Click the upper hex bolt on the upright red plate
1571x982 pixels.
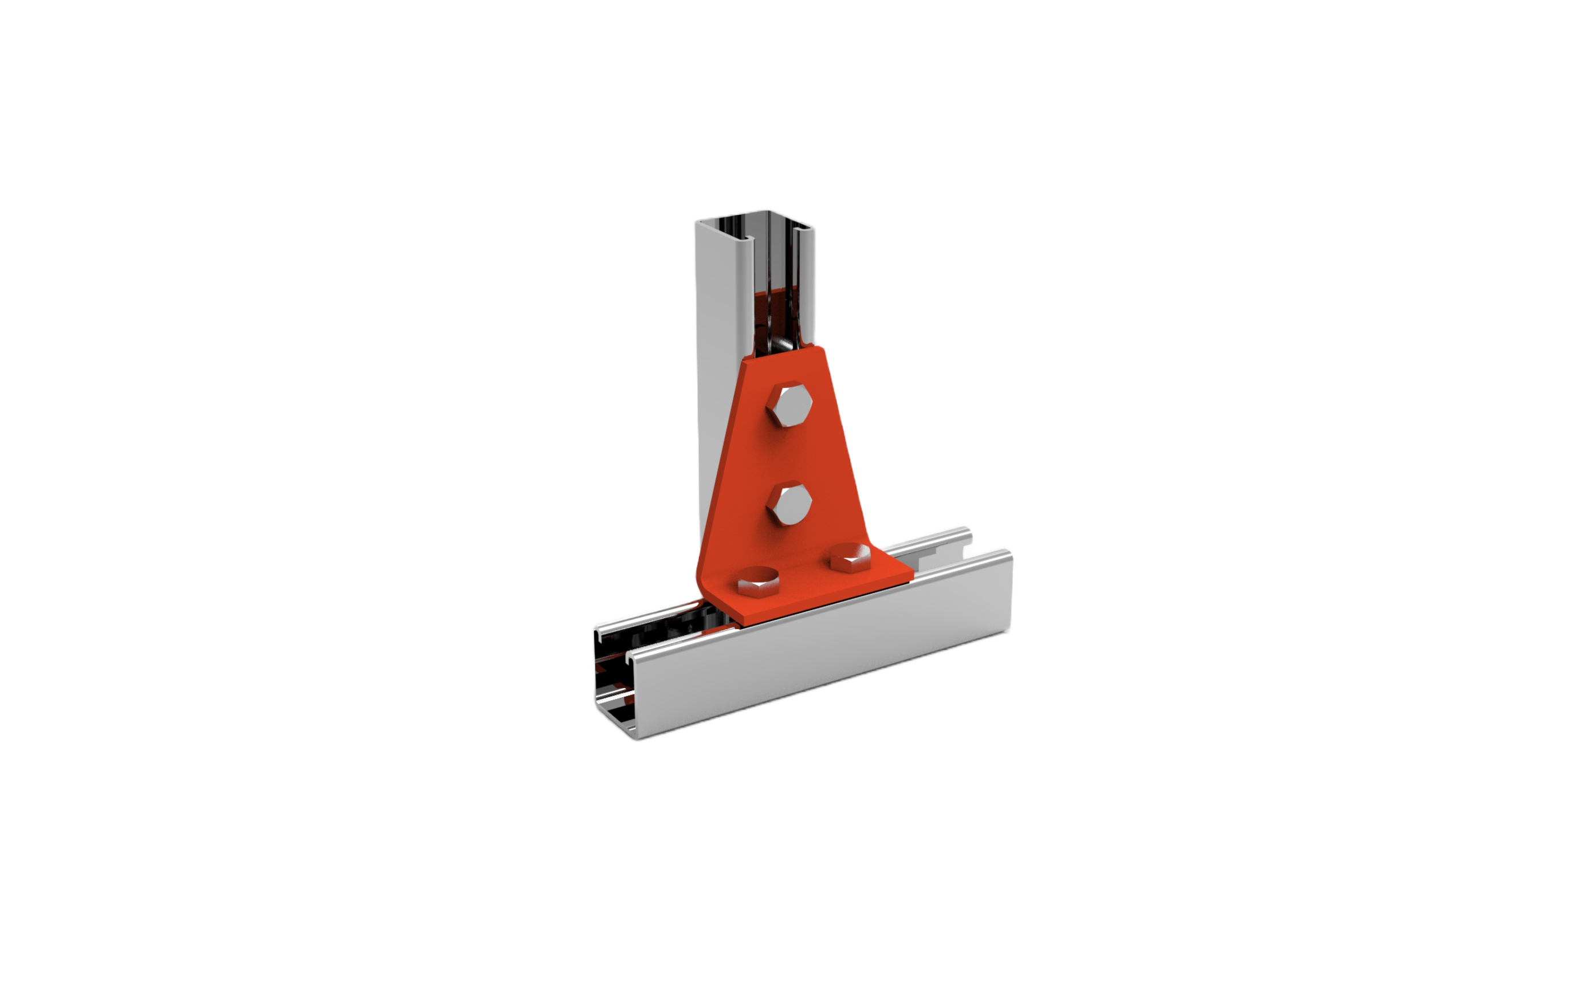tap(788, 407)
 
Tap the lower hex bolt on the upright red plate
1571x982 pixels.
tap(787, 504)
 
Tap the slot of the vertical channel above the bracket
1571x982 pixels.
tap(776, 292)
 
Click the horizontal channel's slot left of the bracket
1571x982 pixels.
tap(675, 623)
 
